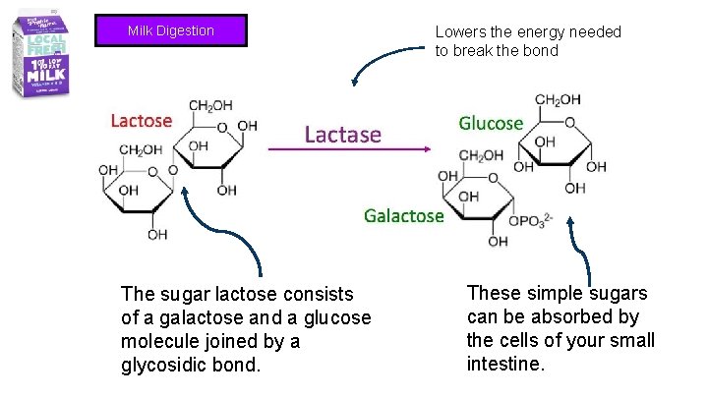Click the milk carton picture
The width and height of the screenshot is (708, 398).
(41, 55)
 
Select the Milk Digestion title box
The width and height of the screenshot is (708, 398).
(170, 30)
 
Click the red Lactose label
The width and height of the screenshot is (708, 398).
(141, 121)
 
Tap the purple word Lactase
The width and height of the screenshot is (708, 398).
(342, 134)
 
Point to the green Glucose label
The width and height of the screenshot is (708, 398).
(491, 123)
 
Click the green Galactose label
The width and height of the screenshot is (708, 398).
(403, 215)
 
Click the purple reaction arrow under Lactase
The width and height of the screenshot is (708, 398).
(350, 149)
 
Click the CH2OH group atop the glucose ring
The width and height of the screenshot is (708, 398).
(558, 99)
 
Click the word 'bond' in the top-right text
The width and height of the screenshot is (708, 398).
(539, 51)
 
